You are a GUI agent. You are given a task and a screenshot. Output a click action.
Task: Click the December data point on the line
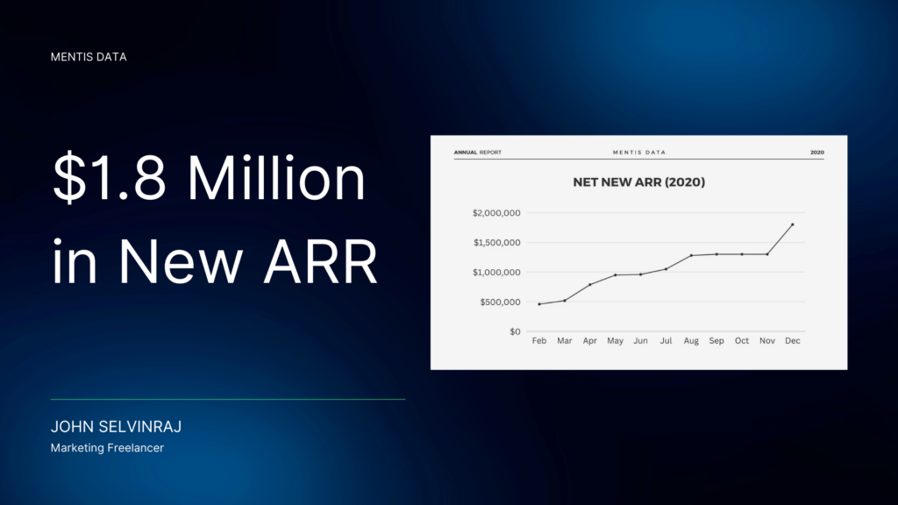tap(793, 224)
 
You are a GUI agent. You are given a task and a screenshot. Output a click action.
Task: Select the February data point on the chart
tap(539, 304)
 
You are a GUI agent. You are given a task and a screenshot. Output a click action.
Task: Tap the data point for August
tap(691, 255)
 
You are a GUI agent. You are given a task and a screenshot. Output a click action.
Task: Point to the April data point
tap(590, 285)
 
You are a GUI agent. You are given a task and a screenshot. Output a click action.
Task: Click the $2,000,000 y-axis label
tap(496, 213)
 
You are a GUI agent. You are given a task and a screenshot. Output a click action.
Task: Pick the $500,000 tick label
tap(500, 302)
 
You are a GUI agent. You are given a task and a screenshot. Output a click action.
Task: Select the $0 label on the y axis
tap(515, 332)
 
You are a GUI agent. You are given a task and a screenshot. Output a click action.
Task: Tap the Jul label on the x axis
tap(666, 341)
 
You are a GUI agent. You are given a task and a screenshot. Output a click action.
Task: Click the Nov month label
tap(767, 341)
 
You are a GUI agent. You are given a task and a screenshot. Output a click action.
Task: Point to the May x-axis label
tap(615, 341)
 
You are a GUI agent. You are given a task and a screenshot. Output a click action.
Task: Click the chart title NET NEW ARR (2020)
tap(639, 182)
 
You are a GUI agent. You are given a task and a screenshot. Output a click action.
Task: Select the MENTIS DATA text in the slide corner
tap(89, 57)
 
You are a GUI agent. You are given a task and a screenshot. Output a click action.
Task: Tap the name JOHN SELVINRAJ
tap(117, 427)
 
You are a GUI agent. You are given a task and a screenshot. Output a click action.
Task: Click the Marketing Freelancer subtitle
tap(107, 448)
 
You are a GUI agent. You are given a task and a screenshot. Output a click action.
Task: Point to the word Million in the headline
tap(276, 178)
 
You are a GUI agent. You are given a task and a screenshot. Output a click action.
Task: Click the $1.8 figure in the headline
tap(110, 178)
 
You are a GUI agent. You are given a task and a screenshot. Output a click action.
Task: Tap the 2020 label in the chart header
tap(817, 153)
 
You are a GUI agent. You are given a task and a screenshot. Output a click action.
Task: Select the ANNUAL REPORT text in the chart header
tap(478, 153)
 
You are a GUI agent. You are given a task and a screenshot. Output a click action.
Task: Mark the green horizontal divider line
tap(228, 399)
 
